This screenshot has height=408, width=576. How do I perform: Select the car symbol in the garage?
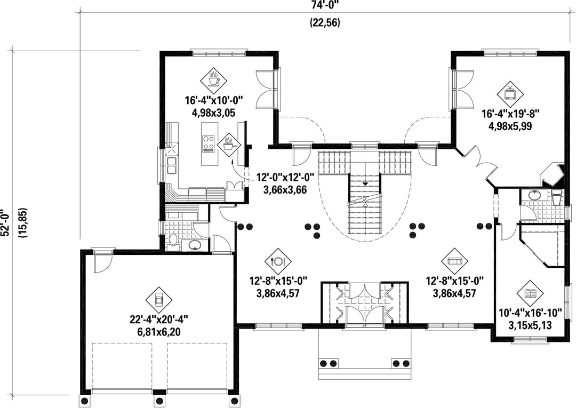tap(159, 300)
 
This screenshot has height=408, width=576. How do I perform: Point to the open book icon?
tap(530, 293)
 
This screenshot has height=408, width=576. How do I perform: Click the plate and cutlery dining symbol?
tap(278, 261)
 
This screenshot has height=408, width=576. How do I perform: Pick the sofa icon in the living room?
tap(455, 261)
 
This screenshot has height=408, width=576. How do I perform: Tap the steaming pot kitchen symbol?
tap(228, 144)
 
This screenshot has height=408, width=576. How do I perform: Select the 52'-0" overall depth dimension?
tap(4, 223)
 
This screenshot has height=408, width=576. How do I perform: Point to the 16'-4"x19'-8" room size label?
tap(510, 114)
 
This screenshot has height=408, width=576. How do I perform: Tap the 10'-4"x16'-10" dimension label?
tap(530, 313)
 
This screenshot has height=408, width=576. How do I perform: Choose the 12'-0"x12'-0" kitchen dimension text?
tap(285, 178)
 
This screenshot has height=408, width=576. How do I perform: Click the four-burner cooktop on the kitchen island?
tap(209, 143)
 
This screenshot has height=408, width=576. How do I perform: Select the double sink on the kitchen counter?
tap(172, 165)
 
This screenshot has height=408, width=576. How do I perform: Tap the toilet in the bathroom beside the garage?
tap(173, 242)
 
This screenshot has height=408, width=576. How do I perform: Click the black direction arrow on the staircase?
tap(365, 183)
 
